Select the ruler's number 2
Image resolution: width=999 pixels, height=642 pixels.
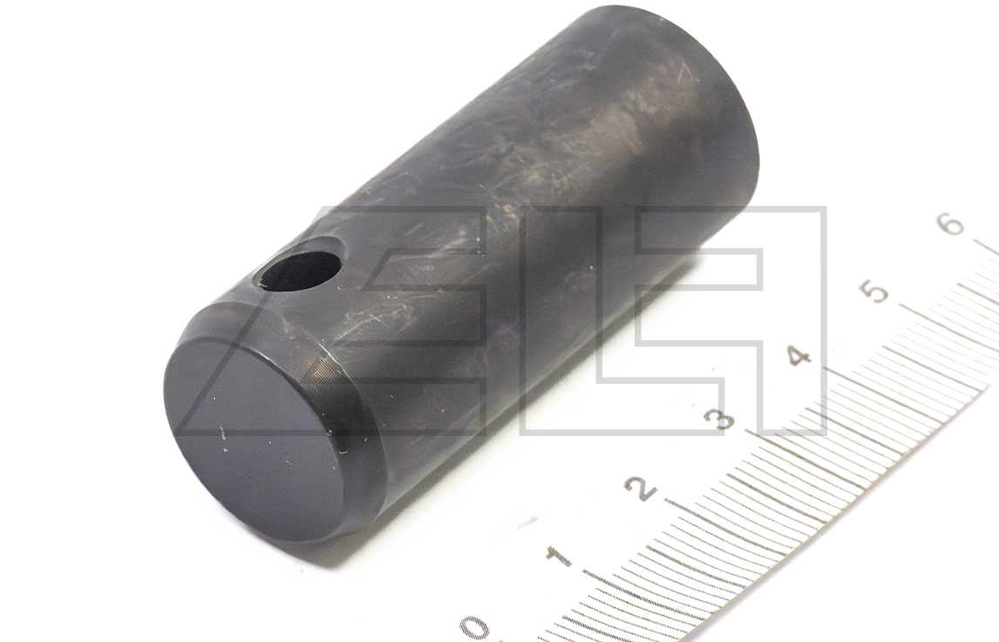[x=641, y=488]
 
